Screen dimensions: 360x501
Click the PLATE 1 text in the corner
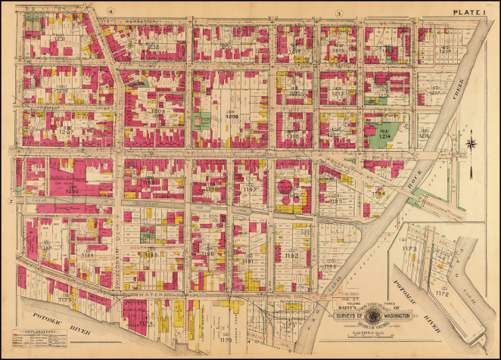point(471,12)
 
